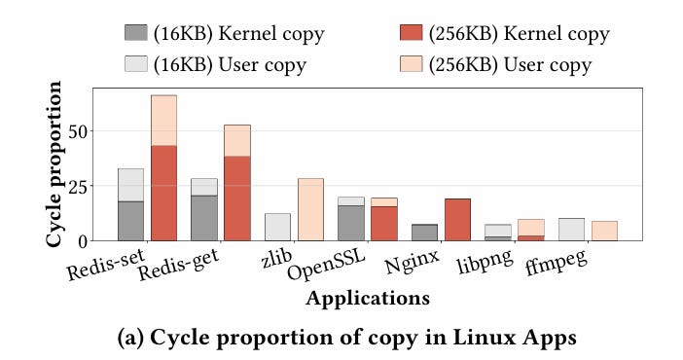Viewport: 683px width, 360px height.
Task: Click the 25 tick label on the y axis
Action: [74, 186]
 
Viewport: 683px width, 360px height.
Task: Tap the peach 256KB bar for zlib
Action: [310, 209]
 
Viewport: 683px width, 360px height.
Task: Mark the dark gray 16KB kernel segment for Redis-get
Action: [204, 218]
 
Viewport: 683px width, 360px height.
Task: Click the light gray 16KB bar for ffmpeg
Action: [571, 230]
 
